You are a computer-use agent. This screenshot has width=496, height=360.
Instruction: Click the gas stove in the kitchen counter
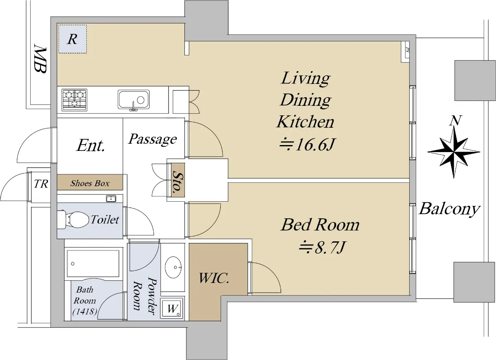pos(74,100)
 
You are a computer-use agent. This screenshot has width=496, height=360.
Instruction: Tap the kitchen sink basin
pos(134,100)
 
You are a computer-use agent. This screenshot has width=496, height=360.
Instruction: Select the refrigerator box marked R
pos(73,39)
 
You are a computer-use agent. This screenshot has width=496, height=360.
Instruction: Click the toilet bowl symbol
pos(73,219)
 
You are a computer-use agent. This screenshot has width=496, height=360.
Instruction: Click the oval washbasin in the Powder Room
pos(174,267)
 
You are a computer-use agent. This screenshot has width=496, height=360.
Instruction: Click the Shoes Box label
pos(90,183)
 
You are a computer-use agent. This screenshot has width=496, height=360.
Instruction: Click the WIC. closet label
pos(214,278)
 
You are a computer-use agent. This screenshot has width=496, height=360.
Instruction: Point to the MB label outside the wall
pos(40,58)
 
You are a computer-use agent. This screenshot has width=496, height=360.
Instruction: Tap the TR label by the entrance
pos(41,184)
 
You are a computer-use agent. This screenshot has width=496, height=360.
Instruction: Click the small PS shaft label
pos(407,50)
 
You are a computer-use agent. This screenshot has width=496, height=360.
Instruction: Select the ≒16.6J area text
pos(308,145)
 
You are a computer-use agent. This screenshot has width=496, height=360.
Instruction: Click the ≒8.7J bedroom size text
pos(322,248)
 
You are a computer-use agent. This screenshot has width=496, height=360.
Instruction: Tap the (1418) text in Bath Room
pos(85,312)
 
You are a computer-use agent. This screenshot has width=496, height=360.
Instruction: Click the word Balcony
pos(449,209)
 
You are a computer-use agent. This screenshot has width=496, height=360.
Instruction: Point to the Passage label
pos(153,139)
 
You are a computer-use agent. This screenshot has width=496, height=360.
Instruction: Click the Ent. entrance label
pos(91,145)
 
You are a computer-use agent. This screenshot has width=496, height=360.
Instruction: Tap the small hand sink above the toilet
pos(111,198)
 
